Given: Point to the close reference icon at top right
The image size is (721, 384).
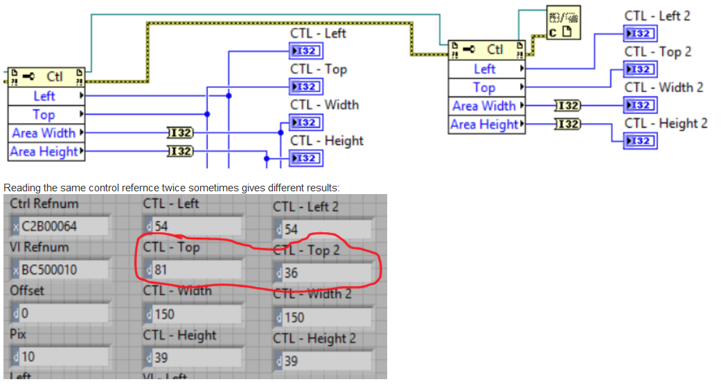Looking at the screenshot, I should [x=563, y=23].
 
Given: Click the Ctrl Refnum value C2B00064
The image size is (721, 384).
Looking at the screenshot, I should [x=60, y=227].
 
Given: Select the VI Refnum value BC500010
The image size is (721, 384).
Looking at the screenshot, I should [x=60, y=270].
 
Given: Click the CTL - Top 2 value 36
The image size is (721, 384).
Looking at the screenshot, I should [x=322, y=272].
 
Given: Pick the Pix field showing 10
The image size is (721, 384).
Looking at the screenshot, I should [x=60, y=357].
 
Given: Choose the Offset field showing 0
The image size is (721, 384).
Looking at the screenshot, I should [x=60, y=313].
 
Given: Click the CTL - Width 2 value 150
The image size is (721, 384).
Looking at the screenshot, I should [x=322, y=317].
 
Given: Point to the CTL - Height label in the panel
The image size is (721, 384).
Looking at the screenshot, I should [x=179, y=335].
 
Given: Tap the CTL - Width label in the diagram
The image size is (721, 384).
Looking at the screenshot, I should [x=324, y=105].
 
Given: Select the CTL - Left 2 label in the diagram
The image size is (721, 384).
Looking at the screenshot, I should [x=657, y=15].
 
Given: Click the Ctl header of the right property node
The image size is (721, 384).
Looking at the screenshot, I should [x=488, y=49].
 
